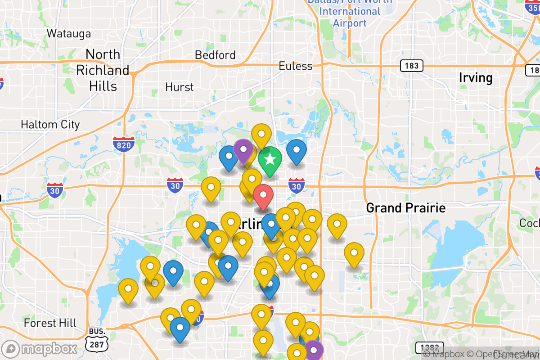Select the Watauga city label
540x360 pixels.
tap(69, 33)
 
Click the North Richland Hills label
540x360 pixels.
tap(103, 70)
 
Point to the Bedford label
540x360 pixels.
tap(215, 55)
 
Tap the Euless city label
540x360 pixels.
tap(295, 66)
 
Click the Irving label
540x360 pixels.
tap(475, 78)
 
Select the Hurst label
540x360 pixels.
tap(180, 87)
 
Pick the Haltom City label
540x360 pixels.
tap(50, 125)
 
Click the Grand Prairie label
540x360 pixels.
tap(405, 208)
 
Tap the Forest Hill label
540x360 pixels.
tap(50, 323)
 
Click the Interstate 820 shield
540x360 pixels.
tap(123, 145)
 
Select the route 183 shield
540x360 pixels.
tap(411, 66)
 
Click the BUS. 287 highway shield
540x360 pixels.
tap(97, 338)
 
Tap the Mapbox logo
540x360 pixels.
tap(40, 349)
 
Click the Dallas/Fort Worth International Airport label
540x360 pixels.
tap(350, 12)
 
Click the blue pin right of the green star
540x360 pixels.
tap(296, 151)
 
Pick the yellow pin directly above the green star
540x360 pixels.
tap(261, 135)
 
